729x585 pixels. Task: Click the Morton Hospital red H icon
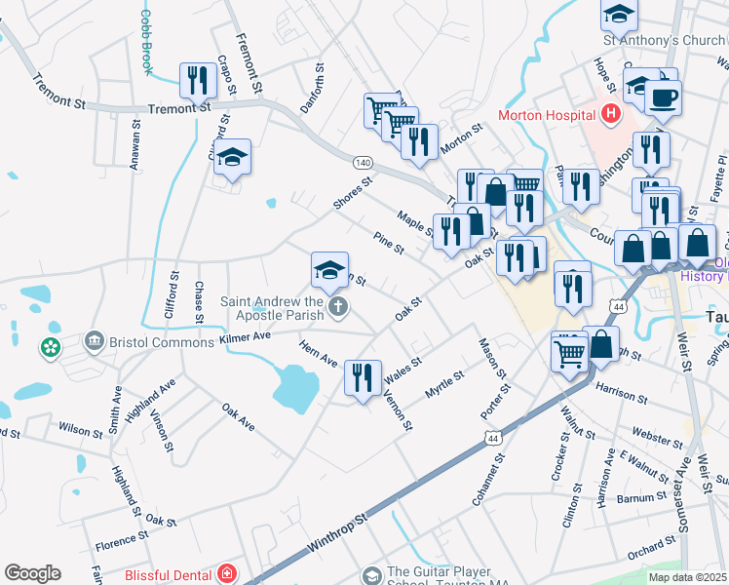[611, 115]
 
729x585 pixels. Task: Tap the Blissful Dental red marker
[228, 574]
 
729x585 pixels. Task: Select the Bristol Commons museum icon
[95, 341]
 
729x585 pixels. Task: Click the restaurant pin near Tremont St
[199, 80]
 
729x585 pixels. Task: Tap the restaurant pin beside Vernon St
[363, 377]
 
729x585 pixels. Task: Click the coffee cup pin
[663, 97]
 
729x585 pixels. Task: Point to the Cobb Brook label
[147, 42]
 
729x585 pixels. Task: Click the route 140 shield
[363, 161]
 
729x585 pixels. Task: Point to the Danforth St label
[311, 89]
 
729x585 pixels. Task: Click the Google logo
[32, 573]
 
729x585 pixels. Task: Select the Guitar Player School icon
[370, 574]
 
